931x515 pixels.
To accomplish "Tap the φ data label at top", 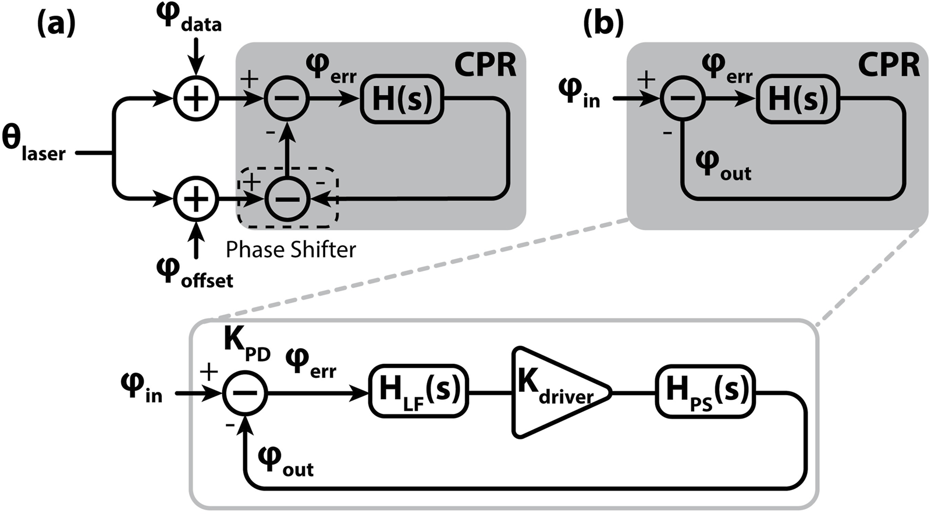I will pyautogui.click(x=190, y=18).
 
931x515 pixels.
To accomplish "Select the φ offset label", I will pyautogui.click(x=194, y=274).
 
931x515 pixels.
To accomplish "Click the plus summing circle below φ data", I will pyautogui.click(x=196, y=98).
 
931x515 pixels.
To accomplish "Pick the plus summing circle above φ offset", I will pyautogui.click(x=196, y=199).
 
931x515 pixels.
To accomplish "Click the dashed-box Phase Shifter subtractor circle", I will pyautogui.click(x=287, y=199).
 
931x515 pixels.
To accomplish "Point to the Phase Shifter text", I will pyautogui.click(x=290, y=250).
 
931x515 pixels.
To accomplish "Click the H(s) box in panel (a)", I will pyautogui.click(x=402, y=99).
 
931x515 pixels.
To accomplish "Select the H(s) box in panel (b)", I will pyautogui.click(x=798, y=99).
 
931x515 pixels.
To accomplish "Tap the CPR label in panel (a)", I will pyautogui.click(x=485, y=66).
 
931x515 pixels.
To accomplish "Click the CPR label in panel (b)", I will pyautogui.click(x=889, y=66).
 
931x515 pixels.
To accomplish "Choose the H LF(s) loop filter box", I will pyautogui.click(x=418, y=391).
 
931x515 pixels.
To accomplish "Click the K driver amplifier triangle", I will pyautogui.click(x=556, y=392).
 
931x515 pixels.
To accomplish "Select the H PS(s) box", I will pyautogui.click(x=705, y=391).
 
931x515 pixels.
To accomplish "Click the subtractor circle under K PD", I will pyautogui.click(x=244, y=394).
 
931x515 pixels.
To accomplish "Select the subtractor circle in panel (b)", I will pyautogui.click(x=682, y=98).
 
